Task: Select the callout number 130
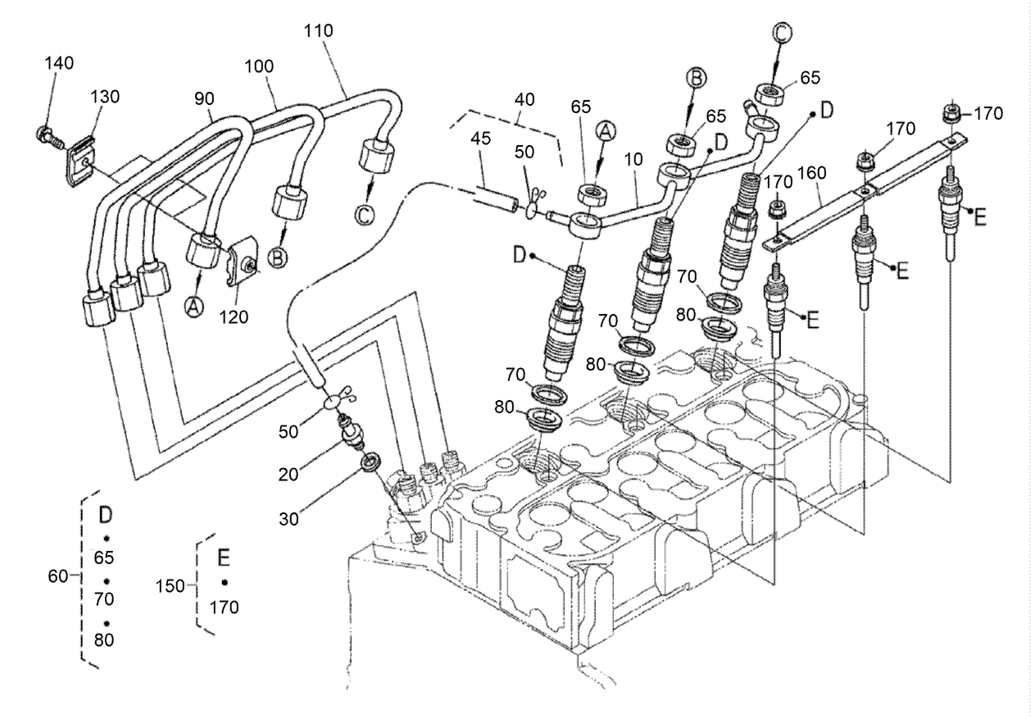coord(105,97)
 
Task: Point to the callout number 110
coord(318,31)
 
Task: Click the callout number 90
coord(204,98)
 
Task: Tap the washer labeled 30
coord(370,461)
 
